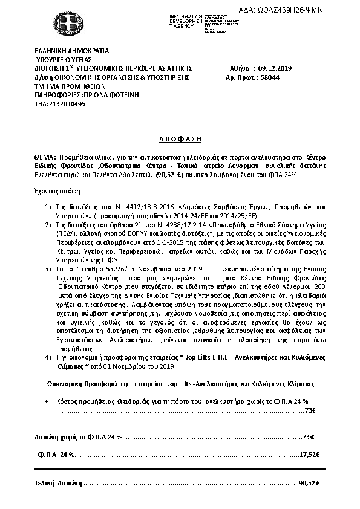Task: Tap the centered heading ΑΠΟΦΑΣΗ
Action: tap(180, 138)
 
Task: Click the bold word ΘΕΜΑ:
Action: tap(45, 157)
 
